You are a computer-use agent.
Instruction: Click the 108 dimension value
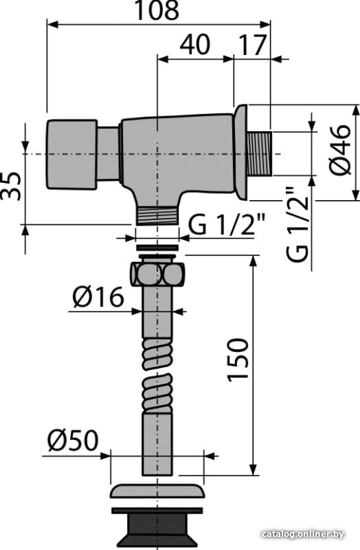tap(157, 10)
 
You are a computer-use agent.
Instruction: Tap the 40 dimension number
tap(195, 45)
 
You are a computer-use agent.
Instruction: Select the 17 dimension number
tap(251, 45)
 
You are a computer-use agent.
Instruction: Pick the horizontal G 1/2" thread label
tap(227, 225)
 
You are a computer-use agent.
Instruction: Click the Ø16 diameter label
tap(98, 297)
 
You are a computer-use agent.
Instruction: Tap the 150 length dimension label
tap(238, 359)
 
